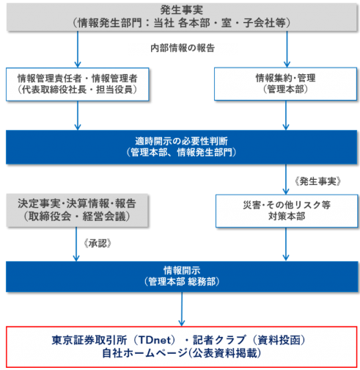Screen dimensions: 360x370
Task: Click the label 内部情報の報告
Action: (183, 48)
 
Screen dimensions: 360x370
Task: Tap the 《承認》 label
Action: (98, 243)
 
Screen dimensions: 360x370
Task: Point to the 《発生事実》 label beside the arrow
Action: (317, 181)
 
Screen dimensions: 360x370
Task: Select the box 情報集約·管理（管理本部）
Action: (285, 84)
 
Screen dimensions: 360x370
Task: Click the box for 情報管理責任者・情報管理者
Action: (78, 84)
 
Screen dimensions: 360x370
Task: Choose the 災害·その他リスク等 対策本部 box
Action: (287, 211)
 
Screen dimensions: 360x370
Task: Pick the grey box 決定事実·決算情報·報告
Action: (77, 211)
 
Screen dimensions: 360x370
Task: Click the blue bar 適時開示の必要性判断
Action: (181, 147)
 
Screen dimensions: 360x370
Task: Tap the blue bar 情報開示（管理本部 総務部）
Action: (182, 277)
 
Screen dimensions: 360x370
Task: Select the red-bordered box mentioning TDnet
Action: (181, 347)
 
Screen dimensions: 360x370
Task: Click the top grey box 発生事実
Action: (181, 17)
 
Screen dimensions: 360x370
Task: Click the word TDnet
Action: (155, 340)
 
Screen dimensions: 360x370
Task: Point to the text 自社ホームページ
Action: (145, 353)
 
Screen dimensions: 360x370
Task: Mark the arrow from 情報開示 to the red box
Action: (182, 309)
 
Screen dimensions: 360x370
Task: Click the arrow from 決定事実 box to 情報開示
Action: (76, 244)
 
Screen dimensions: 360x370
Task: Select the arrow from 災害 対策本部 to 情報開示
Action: (286, 244)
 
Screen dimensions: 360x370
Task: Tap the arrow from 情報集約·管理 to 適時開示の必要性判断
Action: (286, 115)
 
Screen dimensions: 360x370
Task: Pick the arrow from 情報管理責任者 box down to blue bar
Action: (78, 115)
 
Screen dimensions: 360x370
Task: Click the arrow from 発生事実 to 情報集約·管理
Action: (287, 49)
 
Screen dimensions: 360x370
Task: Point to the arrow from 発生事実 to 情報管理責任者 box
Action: (78, 49)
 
